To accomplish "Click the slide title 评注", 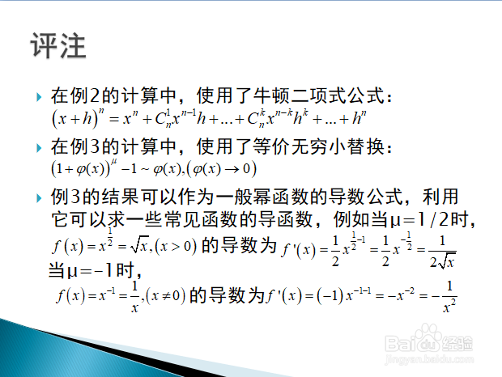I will [58, 46].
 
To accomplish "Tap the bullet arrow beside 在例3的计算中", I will [40, 148].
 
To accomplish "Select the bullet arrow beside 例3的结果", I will [40, 199].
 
